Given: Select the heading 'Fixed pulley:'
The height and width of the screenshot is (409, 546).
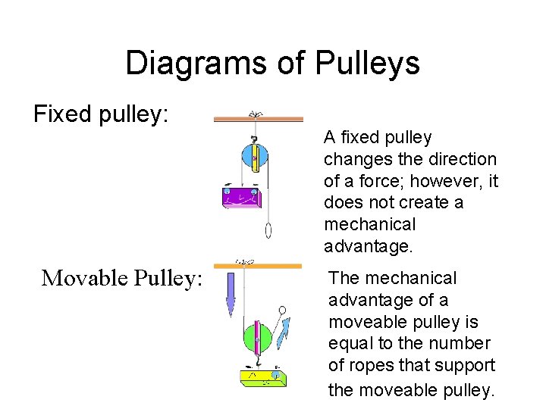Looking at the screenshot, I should coord(101,114).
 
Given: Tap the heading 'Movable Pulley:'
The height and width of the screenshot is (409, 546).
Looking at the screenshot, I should coord(122,278).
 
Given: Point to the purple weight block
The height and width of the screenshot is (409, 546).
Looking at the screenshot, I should coord(240,197).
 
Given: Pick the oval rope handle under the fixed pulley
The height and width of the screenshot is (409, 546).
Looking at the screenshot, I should coord(268,230).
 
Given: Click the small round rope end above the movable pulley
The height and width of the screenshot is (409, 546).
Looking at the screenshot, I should coord(282,310).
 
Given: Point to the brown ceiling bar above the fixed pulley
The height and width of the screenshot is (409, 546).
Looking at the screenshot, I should coord(258,119).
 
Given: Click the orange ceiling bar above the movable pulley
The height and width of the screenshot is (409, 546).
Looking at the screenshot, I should coord(258,267).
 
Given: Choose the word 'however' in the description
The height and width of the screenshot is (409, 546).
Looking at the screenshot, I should coord(453,181).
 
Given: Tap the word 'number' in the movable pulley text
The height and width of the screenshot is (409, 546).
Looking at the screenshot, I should coord(466,344).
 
